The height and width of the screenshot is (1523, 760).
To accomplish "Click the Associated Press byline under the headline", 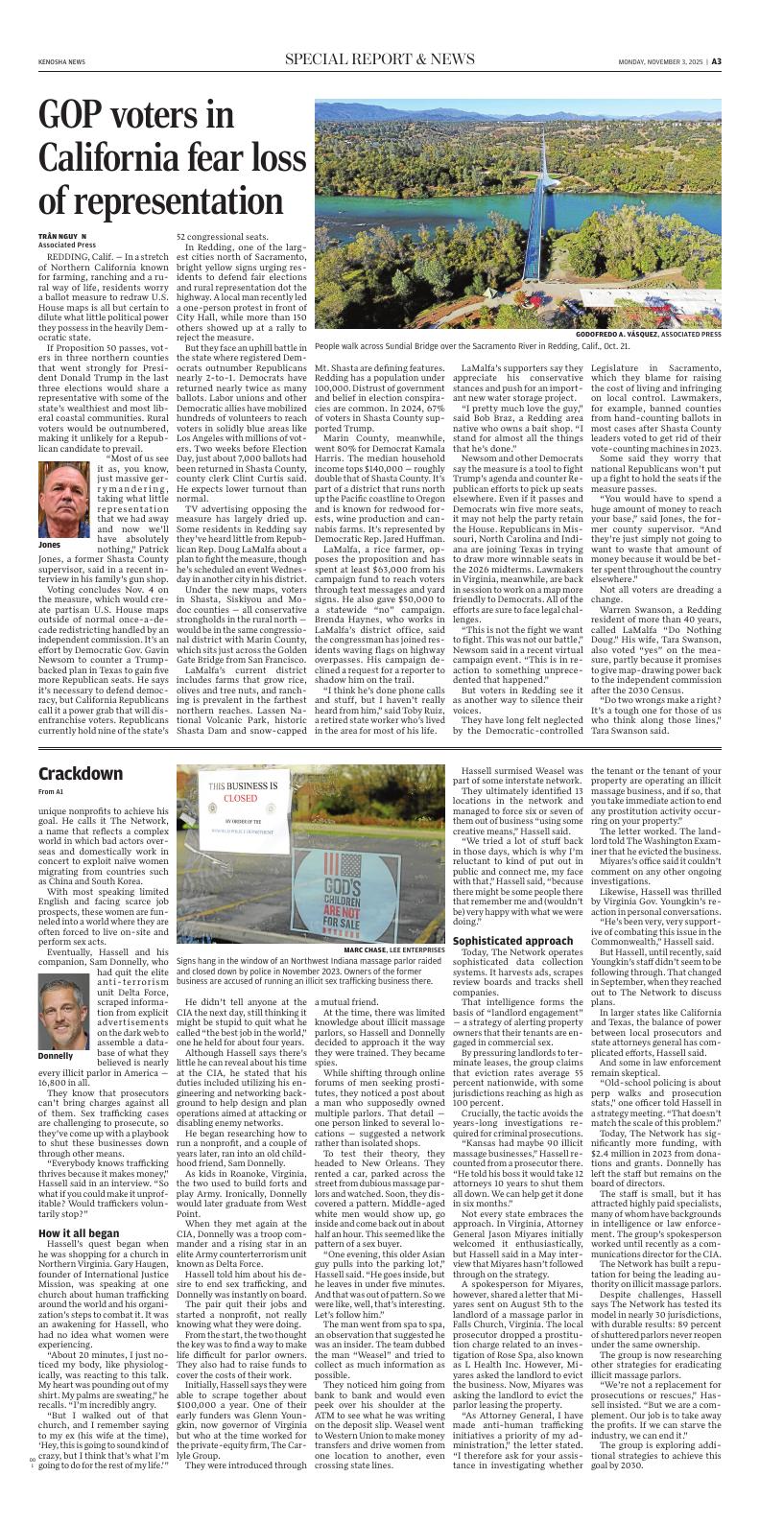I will click(62, 244).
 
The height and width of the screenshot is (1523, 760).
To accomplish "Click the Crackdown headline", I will click(81, 774).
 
